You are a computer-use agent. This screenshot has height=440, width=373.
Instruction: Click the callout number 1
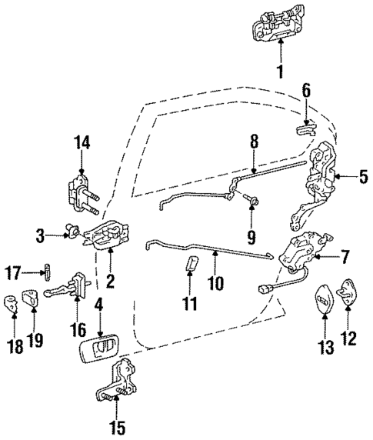pos(280,73)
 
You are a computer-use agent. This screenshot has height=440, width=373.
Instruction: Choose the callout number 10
pos(215,283)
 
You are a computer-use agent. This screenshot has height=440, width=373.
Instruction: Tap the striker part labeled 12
pos(348,296)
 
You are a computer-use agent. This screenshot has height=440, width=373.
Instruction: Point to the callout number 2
pos(110,282)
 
